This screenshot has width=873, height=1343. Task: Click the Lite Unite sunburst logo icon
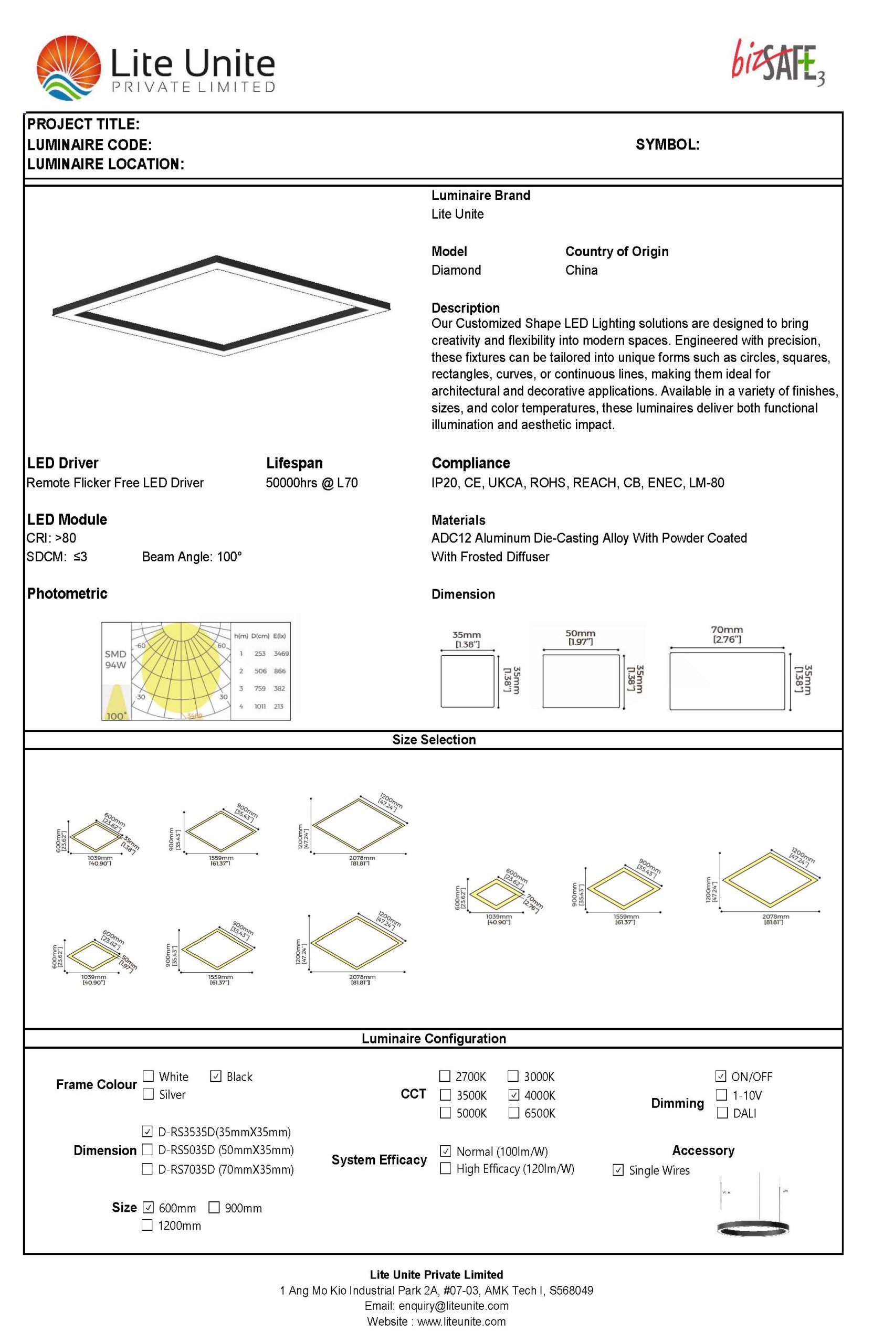[68, 68]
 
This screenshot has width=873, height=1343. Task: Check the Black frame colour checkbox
[215, 1076]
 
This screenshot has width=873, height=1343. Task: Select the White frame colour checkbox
[148, 1076]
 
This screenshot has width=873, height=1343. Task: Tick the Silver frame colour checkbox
[148, 1094]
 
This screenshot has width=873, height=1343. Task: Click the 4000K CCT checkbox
[513, 1095]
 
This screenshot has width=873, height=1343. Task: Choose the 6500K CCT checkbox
[513, 1113]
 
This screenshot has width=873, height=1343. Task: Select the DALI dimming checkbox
[721, 1113]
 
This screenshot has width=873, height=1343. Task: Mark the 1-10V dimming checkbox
[721, 1095]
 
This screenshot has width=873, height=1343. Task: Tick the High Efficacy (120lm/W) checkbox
[445, 1168]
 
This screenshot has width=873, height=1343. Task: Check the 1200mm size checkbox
[147, 1225]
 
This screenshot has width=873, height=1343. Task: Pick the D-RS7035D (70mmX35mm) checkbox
[147, 1169]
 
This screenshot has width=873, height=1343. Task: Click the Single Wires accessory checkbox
[618, 1170]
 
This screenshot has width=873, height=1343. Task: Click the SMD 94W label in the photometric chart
[115, 659]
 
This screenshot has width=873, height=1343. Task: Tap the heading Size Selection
[434, 739]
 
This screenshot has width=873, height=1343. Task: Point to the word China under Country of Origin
[581, 270]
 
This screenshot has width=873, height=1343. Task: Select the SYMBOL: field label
[667, 144]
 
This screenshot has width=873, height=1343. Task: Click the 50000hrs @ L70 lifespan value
[311, 483]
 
